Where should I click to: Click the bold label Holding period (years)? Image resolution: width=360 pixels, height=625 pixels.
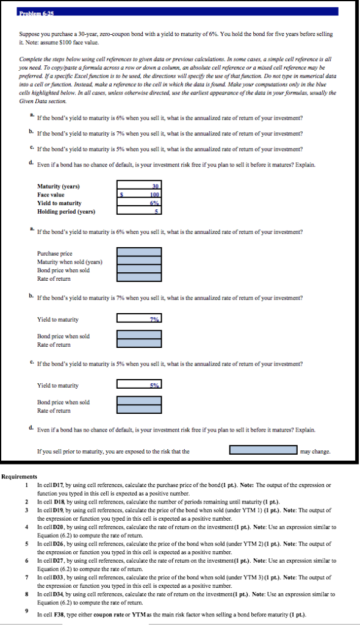(x=67, y=212)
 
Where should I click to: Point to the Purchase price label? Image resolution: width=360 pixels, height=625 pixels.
(x=54, y=253)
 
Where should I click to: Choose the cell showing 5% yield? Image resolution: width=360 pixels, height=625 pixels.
(x=139, y=385)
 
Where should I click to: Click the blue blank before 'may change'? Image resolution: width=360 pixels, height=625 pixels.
(x=264, y=451)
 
